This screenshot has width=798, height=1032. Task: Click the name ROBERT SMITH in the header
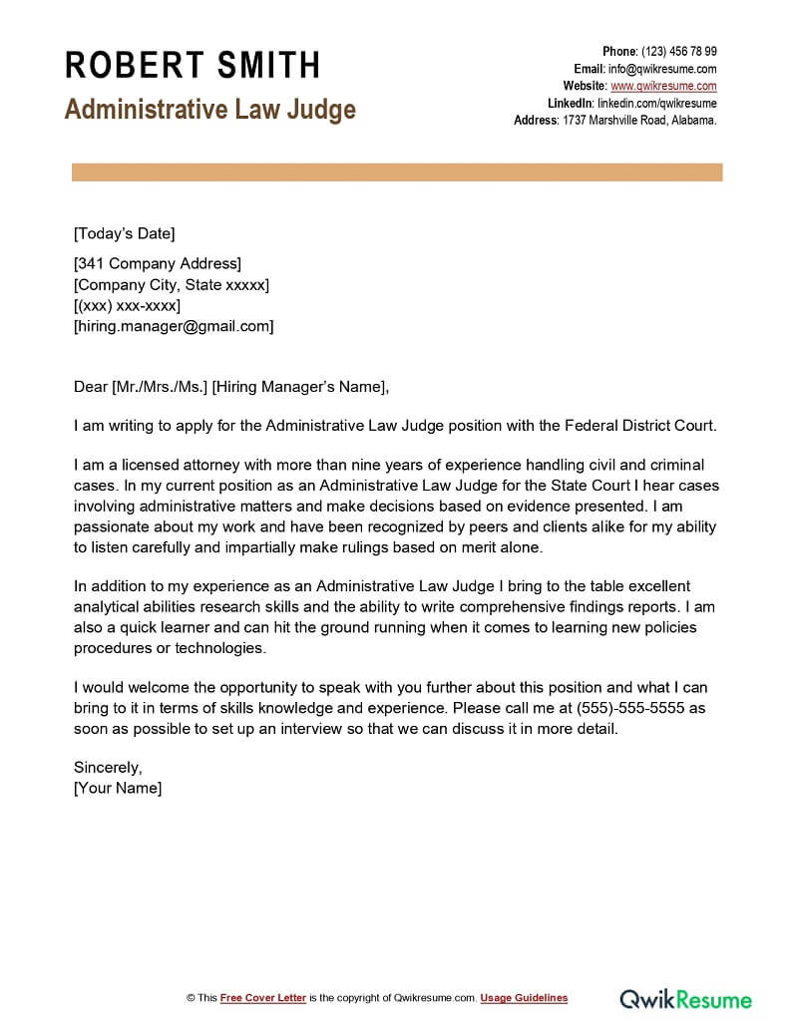[193, 66]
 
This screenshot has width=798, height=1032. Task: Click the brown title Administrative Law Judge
[210, 109]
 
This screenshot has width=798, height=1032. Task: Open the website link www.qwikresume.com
[663, 86]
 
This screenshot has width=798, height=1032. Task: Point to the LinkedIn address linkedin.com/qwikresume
[656, 103]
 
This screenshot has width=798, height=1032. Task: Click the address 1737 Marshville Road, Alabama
[639, 120]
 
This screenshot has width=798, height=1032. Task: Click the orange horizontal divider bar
[397, 173]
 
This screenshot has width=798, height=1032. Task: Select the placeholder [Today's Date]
[124, 234]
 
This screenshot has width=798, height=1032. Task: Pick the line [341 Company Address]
[158, 264]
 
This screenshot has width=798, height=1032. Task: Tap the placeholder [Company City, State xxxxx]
[172, 285]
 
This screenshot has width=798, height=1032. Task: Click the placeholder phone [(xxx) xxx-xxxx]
[127, 305]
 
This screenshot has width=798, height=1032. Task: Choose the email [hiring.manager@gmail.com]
[174, 326]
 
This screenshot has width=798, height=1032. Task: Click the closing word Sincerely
[108, 768]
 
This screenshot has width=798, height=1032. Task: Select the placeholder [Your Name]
[118, 788]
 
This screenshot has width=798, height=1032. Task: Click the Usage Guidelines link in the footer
[524, 998]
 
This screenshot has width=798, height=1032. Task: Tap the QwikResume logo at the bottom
[686, 998]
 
